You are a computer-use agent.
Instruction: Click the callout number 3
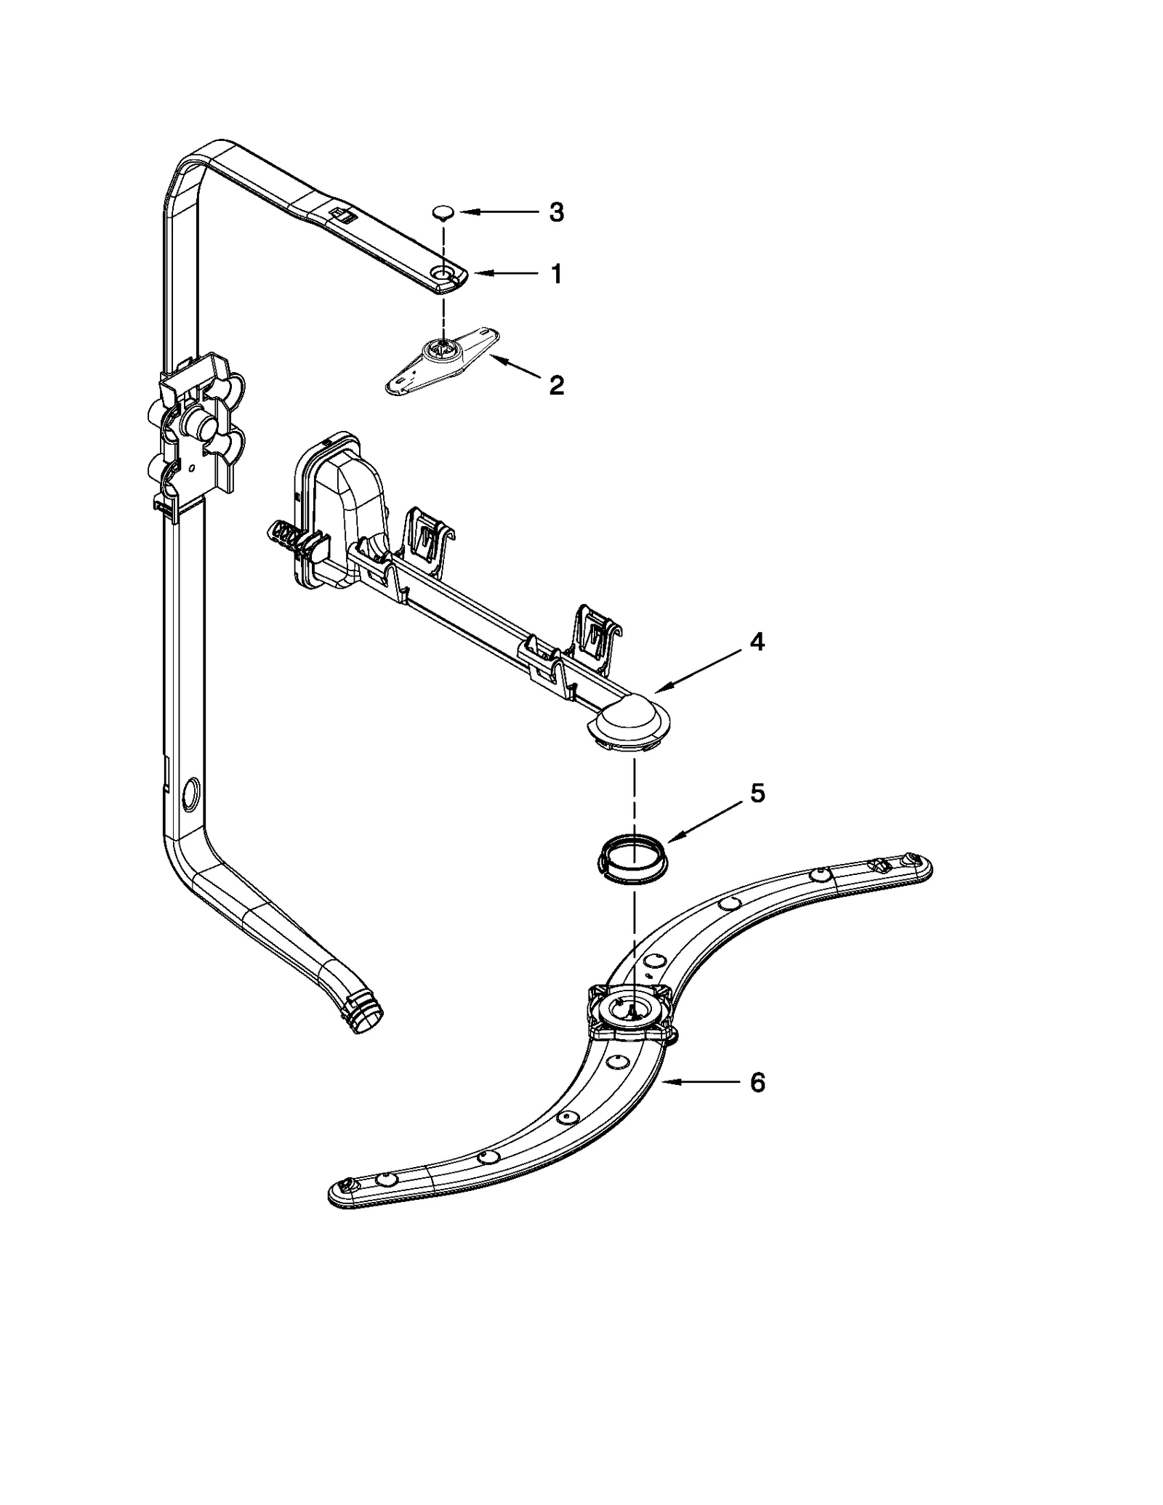tap(556, 212)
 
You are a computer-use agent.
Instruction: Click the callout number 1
tap(556, 274)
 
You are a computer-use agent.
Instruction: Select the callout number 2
tap(556, 385)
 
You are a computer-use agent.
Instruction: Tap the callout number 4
tap(757, 642)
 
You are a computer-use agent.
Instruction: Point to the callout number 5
tap(757, 794)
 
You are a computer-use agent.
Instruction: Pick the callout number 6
tap(757, 1103)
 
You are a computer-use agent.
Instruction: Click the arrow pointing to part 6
tap(701, 1102)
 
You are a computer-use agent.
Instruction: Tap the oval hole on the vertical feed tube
tap(191, 794)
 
